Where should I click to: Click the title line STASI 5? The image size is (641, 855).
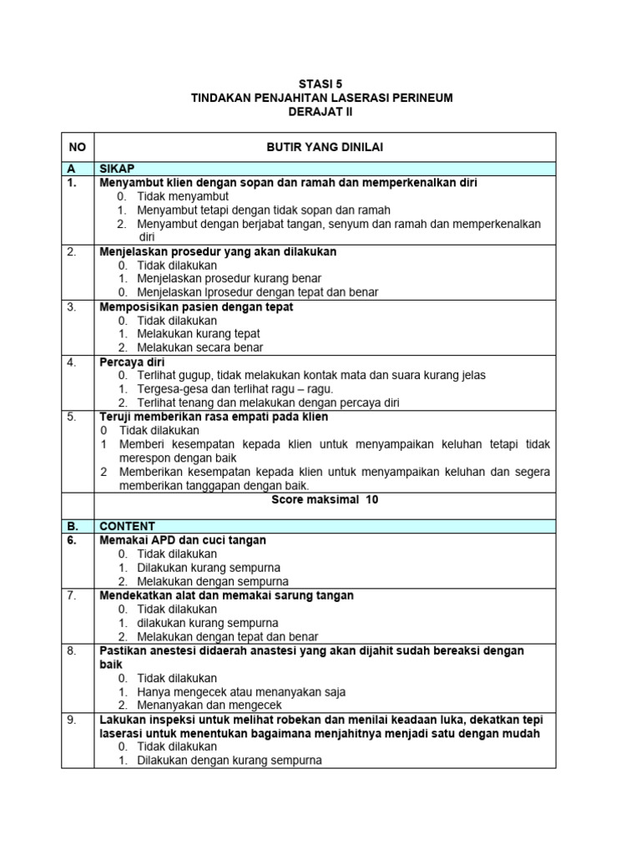pos(320,83)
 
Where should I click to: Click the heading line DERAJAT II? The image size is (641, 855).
pos(320,111)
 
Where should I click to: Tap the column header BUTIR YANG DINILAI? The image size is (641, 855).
pos(324,146)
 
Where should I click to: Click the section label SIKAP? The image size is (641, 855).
pos(118,169)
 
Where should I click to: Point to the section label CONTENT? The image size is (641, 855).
pos(127,526)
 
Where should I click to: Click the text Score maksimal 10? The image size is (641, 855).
pos(324,499)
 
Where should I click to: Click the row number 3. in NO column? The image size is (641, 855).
pos(72,306)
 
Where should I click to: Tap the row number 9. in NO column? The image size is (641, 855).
pos(72,719)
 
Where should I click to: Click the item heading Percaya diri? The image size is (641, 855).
pos(132,362)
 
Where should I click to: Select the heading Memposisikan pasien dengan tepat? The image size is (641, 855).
pos(196,306)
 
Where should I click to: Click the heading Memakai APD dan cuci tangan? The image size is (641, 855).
pos(183,540)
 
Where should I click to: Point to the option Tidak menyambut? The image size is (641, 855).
pos(183,196)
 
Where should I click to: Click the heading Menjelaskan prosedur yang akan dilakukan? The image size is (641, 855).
pos(218,251)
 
